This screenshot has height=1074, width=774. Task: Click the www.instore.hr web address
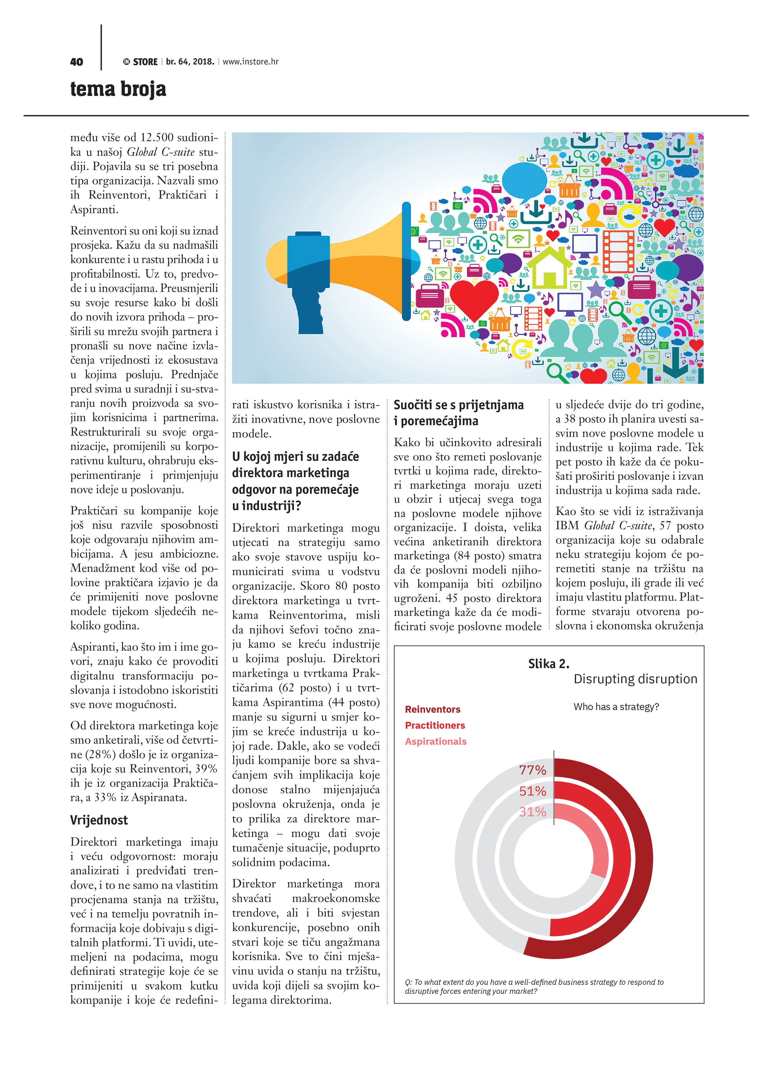pyautogui.click(x=250, y=62)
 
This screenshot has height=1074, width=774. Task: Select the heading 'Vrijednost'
pyautogui.click(x=99, y=820)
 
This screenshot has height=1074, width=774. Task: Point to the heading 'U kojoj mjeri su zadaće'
pyautogui.click(x=295, y=456)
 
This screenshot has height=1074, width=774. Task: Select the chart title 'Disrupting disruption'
pyautogui.click(x=635, y=679)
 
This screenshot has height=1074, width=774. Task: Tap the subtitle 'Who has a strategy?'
pyautogui.click(x=616, y=707)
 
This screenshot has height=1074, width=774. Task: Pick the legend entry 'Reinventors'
pyautogui.click(x=433, y=709)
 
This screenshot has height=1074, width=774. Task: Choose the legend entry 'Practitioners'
pyautogui.click(x=435, y=726)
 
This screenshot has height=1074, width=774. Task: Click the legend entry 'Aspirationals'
pyautogui.click(x=436, y=742)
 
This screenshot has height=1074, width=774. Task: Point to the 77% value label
pyautogui.click(x=533, y=770)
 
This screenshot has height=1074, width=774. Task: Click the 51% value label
pyautogui.click(x=533, y=791)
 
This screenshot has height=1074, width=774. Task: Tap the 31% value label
pyautogui.click(x=533, y=812)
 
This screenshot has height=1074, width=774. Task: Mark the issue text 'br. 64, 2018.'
pyautogui.click(x=190, y=62)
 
